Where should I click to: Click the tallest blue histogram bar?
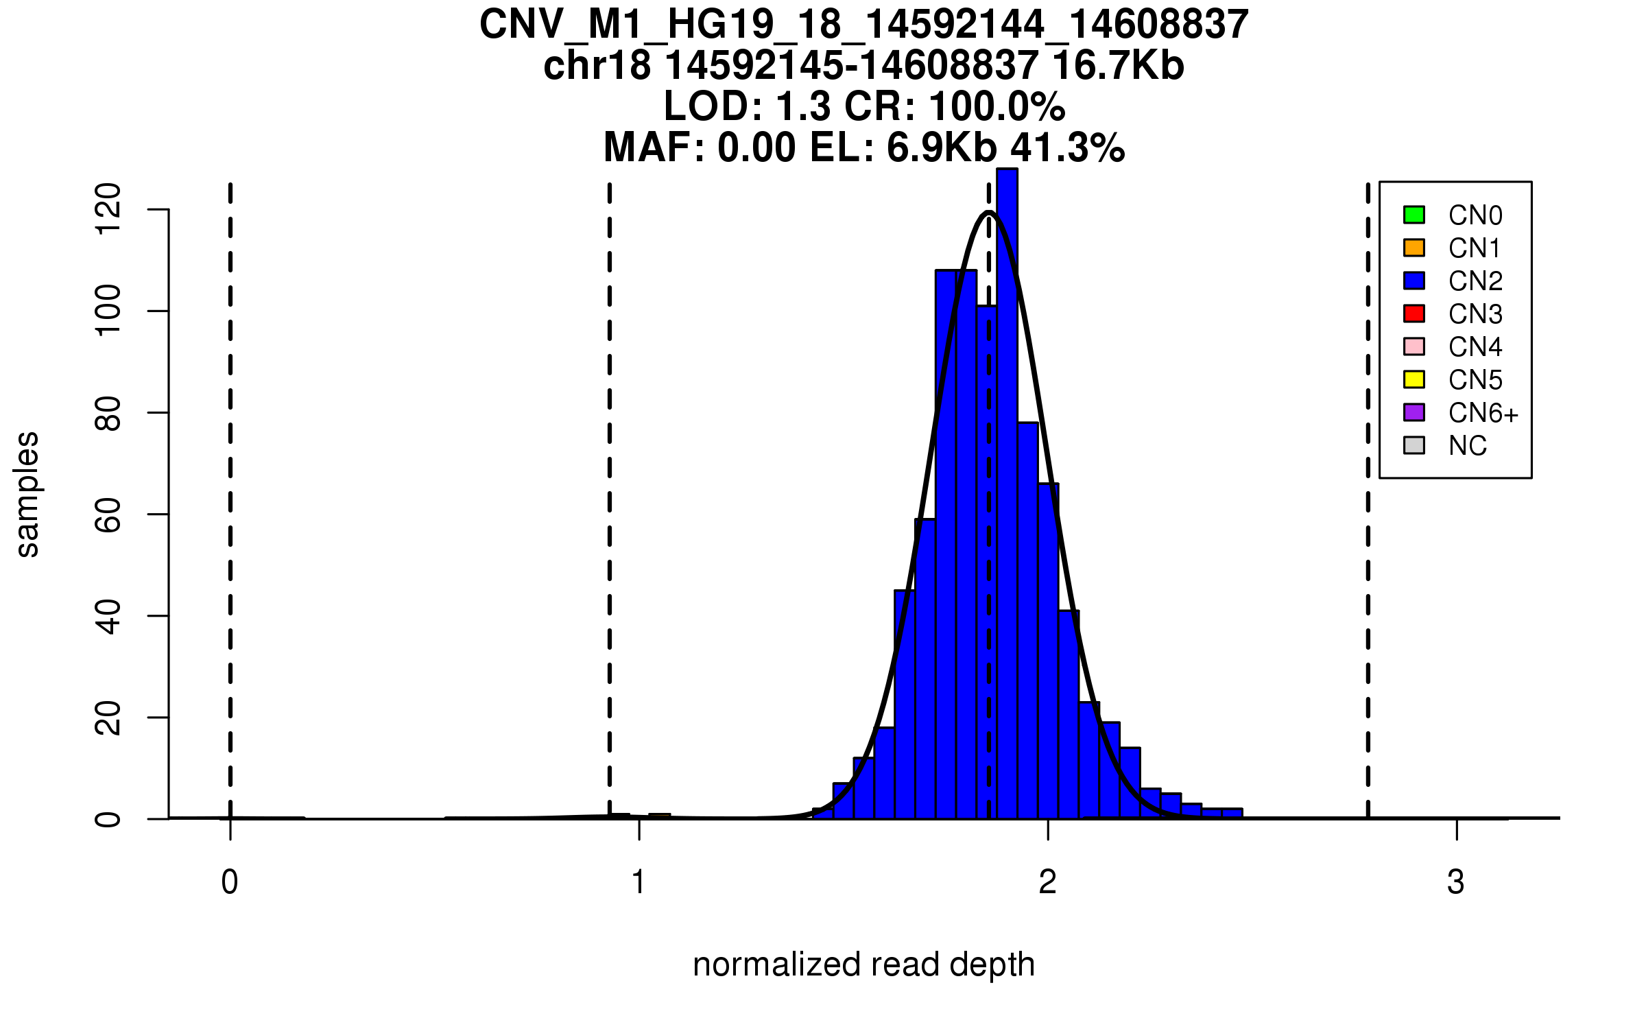pos(1007,494)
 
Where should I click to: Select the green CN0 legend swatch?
pos(1414,215)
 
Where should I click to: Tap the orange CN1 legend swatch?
pos(1414,248)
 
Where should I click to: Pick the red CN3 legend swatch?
pos(1414,314)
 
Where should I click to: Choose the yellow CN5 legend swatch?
pos(1414,379)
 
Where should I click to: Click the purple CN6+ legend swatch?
pos(1414,412)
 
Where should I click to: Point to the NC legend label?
pos(1467,446)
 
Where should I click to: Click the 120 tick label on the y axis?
pos(108,209)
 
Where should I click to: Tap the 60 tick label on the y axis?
pos(108,514)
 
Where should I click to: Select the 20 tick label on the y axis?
pos(108,718)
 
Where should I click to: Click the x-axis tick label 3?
pos(1455,882)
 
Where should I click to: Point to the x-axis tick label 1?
pos(639,882)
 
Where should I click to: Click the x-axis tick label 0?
pos(230,882)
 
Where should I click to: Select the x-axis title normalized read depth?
pos(863,965)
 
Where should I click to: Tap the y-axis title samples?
pos(27,495)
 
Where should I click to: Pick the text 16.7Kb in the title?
pos(1118,66)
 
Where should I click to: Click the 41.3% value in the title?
pos(1067,147)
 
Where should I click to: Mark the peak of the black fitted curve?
pos(989,212)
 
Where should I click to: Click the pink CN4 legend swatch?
pos(1414,346)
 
